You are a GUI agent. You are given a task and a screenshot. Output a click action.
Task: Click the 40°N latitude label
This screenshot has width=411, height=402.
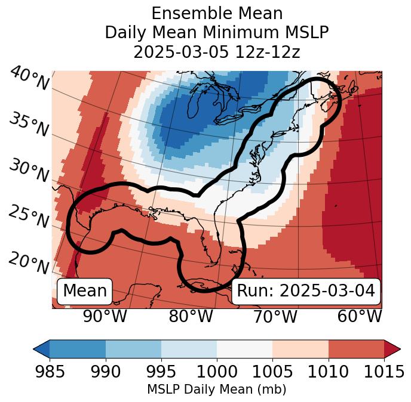point(29,79)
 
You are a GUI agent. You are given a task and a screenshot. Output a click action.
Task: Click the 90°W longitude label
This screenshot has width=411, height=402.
point(105,317)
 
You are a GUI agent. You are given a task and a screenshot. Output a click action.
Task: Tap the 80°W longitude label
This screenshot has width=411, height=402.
point(191,317)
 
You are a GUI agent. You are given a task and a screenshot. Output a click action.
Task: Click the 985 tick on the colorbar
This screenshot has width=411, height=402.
point(50,372)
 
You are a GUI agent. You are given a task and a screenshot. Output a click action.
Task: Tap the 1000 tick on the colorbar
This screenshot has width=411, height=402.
point(217,372)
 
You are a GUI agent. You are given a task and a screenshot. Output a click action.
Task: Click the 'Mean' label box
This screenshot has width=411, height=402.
point(85,291)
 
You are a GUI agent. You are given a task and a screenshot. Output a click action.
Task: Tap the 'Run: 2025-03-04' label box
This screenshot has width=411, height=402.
point(306,291)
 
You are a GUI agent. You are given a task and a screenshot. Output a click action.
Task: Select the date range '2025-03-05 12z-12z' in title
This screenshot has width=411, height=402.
point(217,52)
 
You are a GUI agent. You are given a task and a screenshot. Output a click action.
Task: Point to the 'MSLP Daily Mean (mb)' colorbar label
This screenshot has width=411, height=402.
point(217,389)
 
